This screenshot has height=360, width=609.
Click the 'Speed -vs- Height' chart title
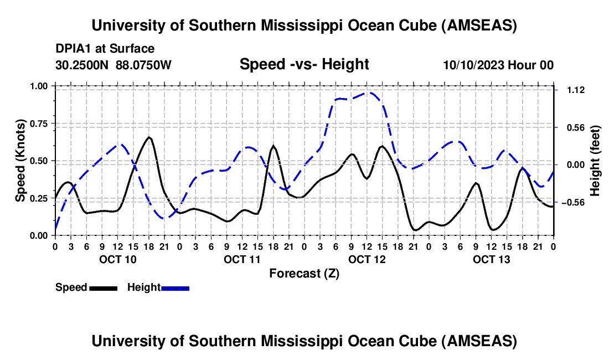tap(304, 65)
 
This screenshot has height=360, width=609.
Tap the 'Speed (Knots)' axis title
tap(20, 160)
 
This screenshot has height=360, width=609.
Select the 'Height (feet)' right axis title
tap(595, 160)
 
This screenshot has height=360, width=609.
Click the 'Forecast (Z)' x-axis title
tap(304, 273)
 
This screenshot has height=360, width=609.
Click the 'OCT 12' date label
tap(367, 259)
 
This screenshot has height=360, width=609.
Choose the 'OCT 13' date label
tap(491, 259)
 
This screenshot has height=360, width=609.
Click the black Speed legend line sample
tap(102, 288)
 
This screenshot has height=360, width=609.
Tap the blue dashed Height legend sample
tap(175, 288)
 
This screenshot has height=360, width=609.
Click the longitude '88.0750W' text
tap(143, 65)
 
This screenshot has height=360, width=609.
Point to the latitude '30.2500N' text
tap(83, 65)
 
